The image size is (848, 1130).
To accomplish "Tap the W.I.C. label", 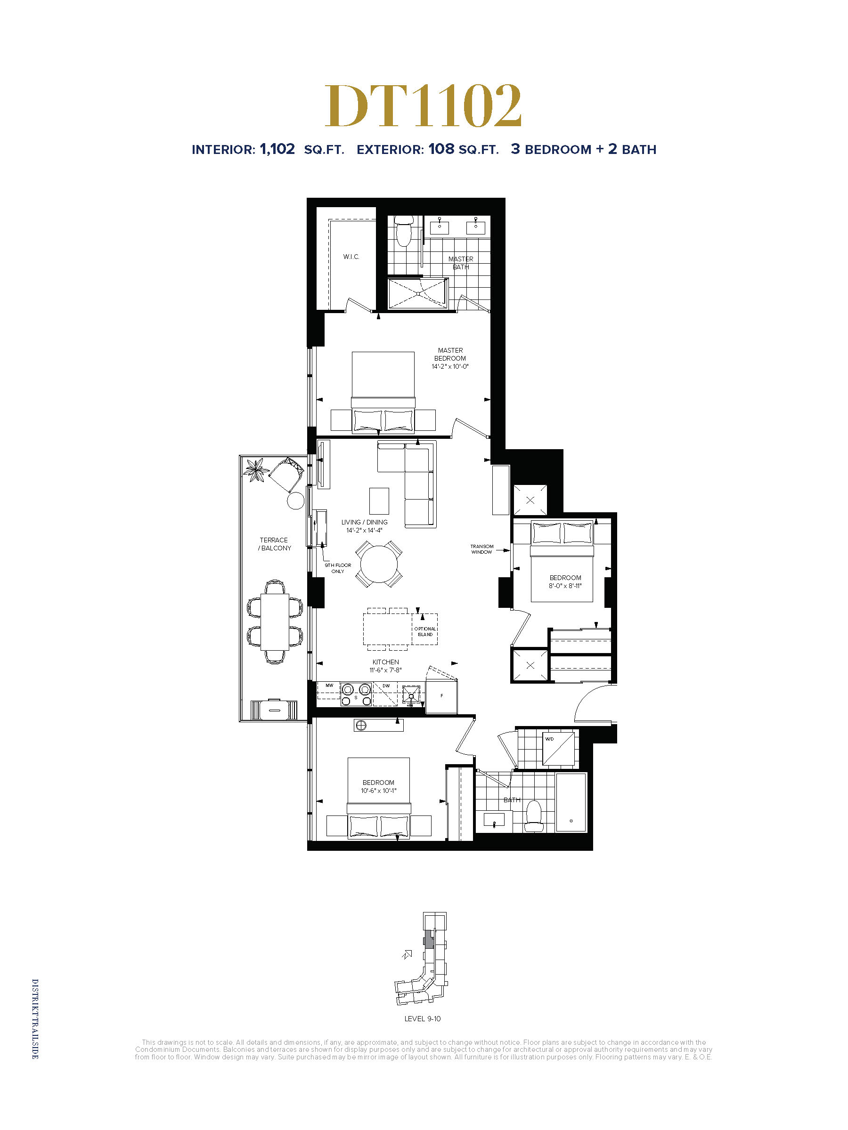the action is [x=351, y=257].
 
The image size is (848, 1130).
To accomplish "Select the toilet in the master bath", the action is [x=404, y=230].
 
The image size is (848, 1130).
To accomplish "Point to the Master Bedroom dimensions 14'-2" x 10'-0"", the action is [x=450, y=366].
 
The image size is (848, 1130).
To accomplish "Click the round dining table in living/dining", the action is [x=379, y=564].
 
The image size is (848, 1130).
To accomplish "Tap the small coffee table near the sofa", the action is [x=379, y=500].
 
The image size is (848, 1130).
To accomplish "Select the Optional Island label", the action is [x=425, y=631].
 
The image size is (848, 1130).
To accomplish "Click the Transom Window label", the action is [x=481, y=549].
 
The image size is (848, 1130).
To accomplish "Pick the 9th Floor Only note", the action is [x=338, y=568].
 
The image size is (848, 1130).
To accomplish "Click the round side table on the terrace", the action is [x=295, y=500].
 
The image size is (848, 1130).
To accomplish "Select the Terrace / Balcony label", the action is [x=275, y=544].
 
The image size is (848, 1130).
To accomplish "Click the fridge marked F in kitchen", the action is [x=441, y=696].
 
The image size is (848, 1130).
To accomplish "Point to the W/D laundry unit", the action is [x=558, y=750].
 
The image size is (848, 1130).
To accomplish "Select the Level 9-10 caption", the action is [x=422, y=1018].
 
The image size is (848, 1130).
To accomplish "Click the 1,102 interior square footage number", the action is [x=277, y=149].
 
